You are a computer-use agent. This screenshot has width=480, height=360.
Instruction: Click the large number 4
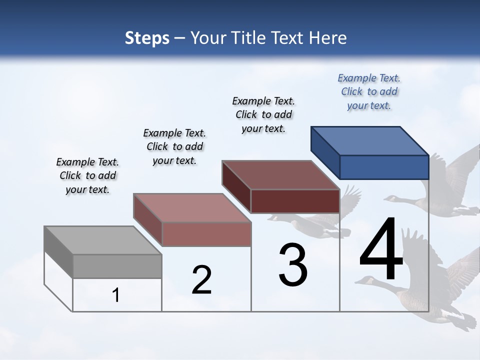(381, 250)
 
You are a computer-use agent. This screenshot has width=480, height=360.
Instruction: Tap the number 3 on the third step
(293, 265)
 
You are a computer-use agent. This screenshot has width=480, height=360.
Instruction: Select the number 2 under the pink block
(202, 280)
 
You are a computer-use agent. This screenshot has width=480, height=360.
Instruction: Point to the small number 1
(116, 295)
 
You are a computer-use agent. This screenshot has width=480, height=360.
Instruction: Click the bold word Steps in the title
(147, 38)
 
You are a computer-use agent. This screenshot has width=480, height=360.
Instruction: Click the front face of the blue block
(384, 167)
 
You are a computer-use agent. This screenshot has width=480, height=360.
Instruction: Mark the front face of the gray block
(117, 266)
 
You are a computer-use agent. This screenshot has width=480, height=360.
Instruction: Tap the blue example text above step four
(369, 92)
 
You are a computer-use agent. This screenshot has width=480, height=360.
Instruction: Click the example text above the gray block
(87, 175)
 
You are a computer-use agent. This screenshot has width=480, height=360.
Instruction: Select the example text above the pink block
(174, 146)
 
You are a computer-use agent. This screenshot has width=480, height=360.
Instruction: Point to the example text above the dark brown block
(263, 114)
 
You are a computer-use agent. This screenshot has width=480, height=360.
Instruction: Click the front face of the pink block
(206, 234)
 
